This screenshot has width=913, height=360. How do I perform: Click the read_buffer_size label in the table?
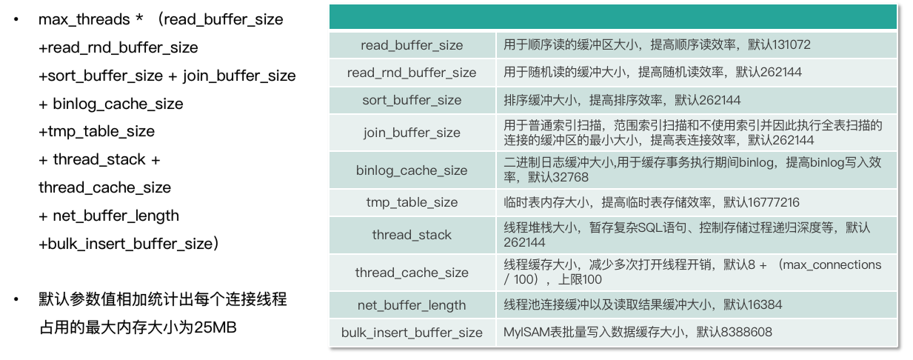click(x=412, y=45)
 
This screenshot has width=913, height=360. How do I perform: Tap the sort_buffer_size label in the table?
click(x=412, y=100)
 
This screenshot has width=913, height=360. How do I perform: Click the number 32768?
click(x=565, y=178)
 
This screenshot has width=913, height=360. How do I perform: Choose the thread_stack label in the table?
click(x=412, y=235)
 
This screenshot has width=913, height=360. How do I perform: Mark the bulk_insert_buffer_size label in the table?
click(x=412, y=333)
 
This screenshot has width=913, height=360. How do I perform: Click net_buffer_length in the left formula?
click(x=116, y=216)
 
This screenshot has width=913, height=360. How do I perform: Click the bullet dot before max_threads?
click(x=15, y=20)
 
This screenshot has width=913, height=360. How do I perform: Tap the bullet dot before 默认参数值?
click(x=15, y=300)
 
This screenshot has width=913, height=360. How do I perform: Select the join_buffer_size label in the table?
click(x=412, y=133)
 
